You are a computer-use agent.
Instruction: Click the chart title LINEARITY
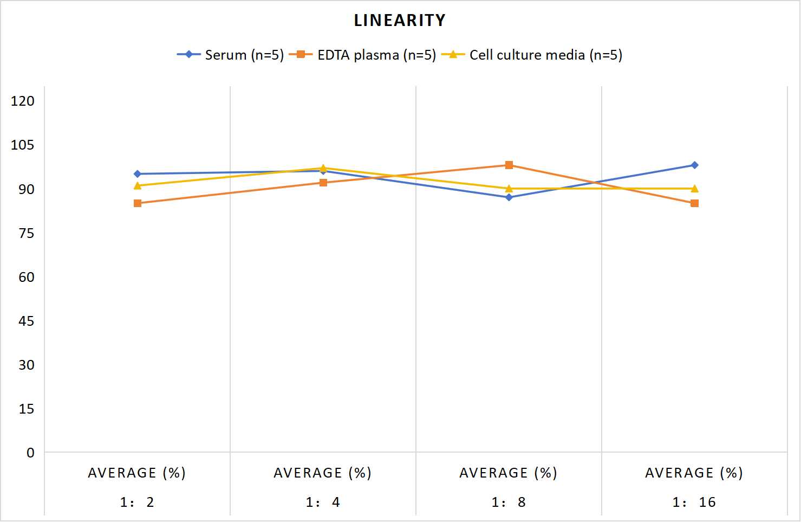click(x=400, y=20)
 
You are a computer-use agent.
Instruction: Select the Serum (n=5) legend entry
click(x=230, y=55)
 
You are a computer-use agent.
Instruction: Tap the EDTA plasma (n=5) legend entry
click(x=362, y=55)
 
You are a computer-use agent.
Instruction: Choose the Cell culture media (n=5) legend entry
click(x=532, y=55)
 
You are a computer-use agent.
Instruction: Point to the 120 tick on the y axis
click(x=23, y=101)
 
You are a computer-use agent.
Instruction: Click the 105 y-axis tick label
click(x=23, y=145)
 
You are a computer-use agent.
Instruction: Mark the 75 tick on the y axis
click(x=27, y=233)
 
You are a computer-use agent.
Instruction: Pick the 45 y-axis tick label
click(x=27, y=321)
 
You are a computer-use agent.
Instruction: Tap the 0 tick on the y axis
click(x=31, y=453)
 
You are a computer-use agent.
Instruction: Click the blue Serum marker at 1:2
click(x=138, y=174)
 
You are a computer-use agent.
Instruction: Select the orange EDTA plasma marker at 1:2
click(x=138, y=203)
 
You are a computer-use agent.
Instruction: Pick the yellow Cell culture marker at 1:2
click(x=138, y=185)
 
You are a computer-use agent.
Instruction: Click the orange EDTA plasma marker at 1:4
click(x=323, y=183)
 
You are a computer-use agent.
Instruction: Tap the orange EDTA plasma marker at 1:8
click(x=509, y=165)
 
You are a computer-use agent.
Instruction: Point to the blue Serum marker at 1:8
click(x=509, y=197)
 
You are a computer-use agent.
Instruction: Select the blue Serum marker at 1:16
click(x=694, y=165)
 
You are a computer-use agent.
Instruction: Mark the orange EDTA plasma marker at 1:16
click(x=694, y=203)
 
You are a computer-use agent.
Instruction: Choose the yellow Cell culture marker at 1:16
click(x=694, y=188)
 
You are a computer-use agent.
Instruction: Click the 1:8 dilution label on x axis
click(x=509, y=502)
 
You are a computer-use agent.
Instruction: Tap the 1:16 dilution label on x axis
click(x=694, y=502)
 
